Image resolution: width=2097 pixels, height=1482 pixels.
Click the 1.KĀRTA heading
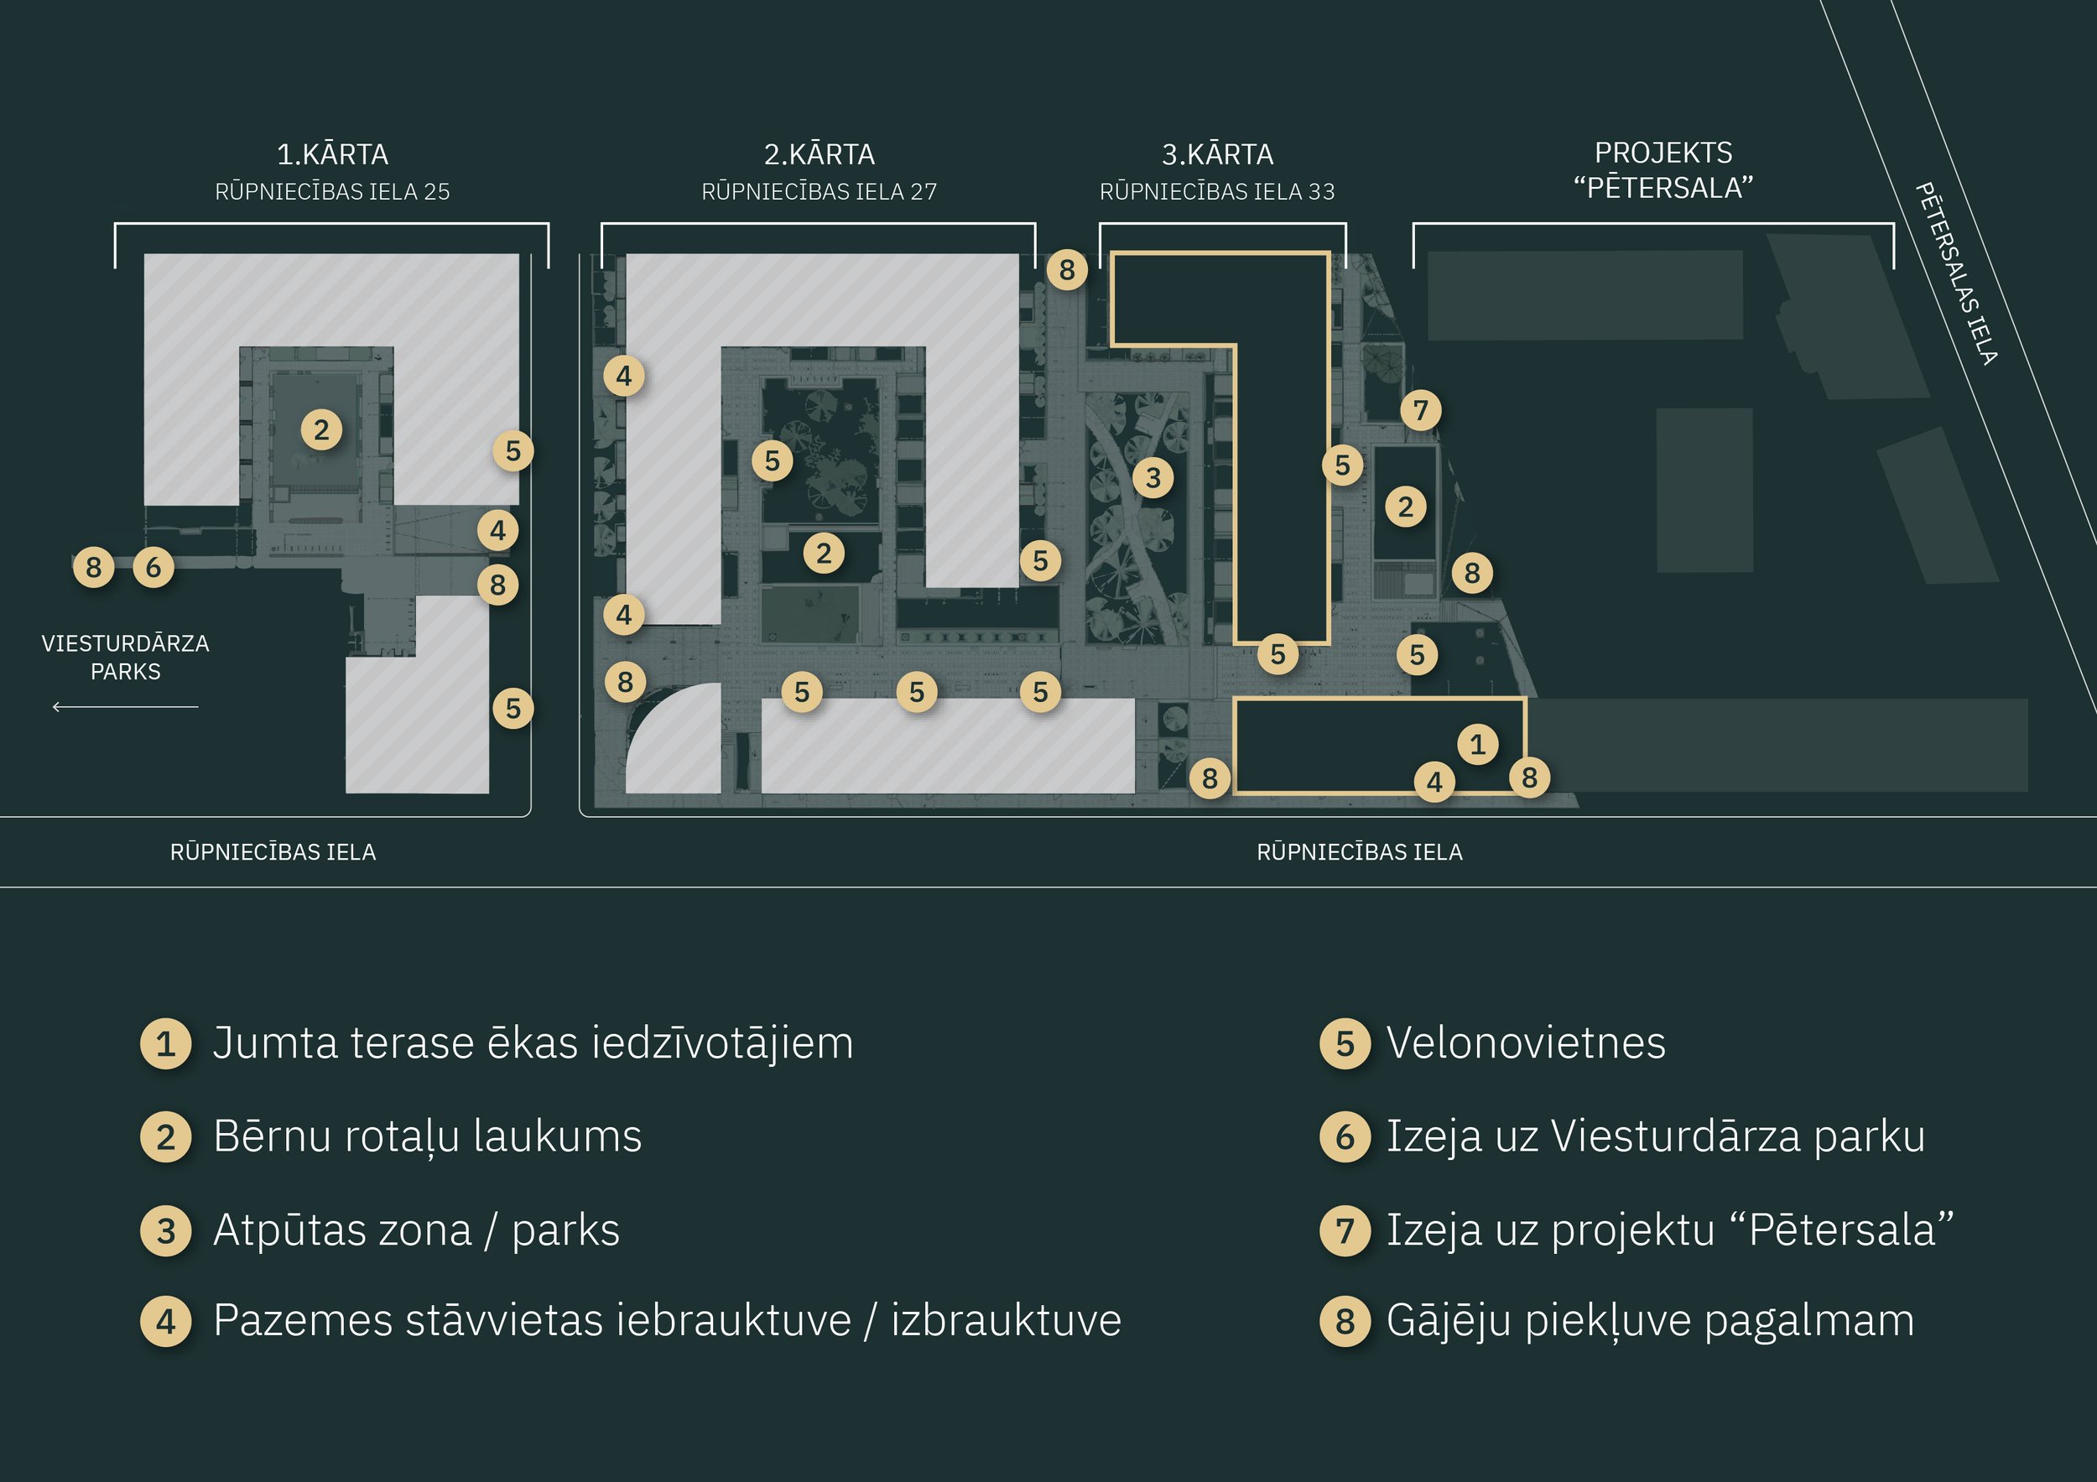332,154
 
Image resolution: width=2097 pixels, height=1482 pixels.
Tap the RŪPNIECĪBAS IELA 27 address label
819,192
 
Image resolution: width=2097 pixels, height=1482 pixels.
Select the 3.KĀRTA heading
1216,154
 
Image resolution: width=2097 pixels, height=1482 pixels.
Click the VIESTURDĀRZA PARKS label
125,657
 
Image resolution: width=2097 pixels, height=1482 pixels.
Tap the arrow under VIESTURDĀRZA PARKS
125,707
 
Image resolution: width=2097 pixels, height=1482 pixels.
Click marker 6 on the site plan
154,567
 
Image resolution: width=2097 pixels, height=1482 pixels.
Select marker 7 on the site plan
1420,410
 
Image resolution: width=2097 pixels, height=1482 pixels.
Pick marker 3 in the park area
1153,476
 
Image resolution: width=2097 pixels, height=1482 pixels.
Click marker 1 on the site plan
1478,744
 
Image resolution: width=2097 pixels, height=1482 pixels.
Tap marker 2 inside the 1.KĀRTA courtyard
321,430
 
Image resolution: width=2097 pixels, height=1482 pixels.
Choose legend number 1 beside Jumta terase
165,1043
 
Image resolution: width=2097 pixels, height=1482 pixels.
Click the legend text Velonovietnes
1525,1043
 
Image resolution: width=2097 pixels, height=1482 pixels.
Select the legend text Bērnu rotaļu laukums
428,1136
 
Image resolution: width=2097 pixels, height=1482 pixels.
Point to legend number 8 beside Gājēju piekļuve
1345,1320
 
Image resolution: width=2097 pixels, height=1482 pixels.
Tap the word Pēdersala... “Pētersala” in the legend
1850,1230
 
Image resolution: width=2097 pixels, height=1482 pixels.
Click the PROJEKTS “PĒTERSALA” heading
1663,170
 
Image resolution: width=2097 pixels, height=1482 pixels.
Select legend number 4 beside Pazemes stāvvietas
165,1320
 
